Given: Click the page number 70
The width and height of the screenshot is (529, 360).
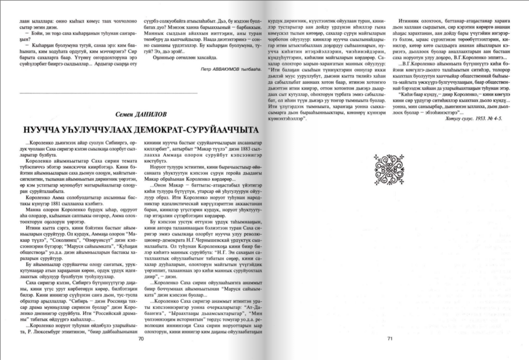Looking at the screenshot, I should click(140, 339).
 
